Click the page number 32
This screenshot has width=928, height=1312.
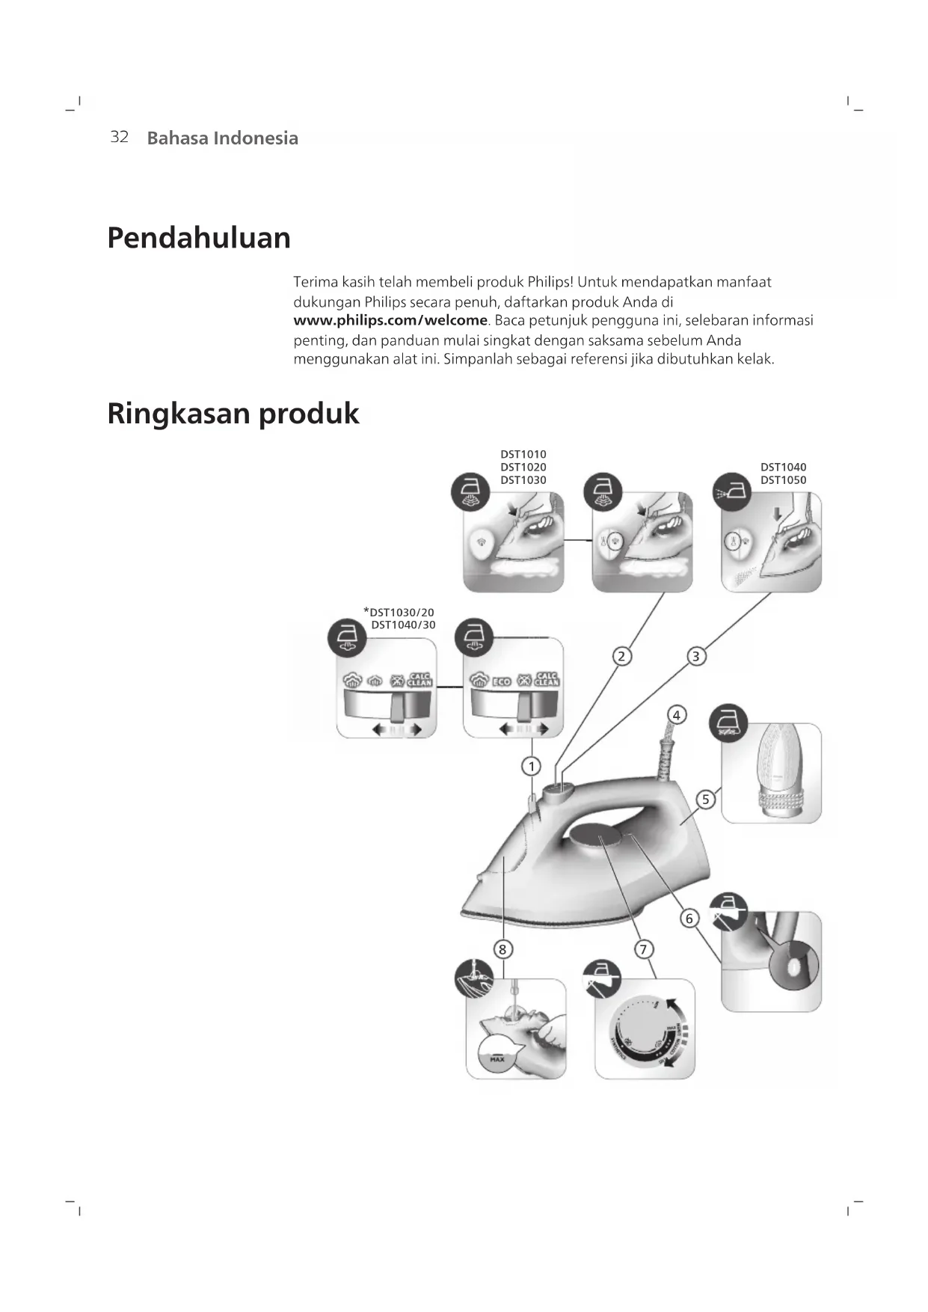(120, 137)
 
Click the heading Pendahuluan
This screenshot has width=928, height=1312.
(199, 238)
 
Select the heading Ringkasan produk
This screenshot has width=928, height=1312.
(233, 414)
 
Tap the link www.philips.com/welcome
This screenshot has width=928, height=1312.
(390, 321)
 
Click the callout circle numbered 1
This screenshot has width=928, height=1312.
(532, 766)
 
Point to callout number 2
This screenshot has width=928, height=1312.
(621, 656)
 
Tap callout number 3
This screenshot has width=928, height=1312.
(696, 656)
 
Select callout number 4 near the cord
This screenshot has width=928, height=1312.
(676, 715)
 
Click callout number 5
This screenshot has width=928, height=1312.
(705, 799)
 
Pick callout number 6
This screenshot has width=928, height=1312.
(689, 918)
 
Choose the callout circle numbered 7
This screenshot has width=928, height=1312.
(643, 949)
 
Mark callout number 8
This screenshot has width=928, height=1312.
(503, 949)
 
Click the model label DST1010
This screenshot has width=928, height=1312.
(523, 454)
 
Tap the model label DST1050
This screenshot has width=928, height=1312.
(783, 480)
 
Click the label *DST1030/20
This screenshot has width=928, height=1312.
(399, 612)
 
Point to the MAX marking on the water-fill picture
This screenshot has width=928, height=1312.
(497, 1059)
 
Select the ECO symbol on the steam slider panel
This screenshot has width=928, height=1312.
(501, 681)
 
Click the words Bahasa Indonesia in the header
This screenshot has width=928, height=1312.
(222, 138)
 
